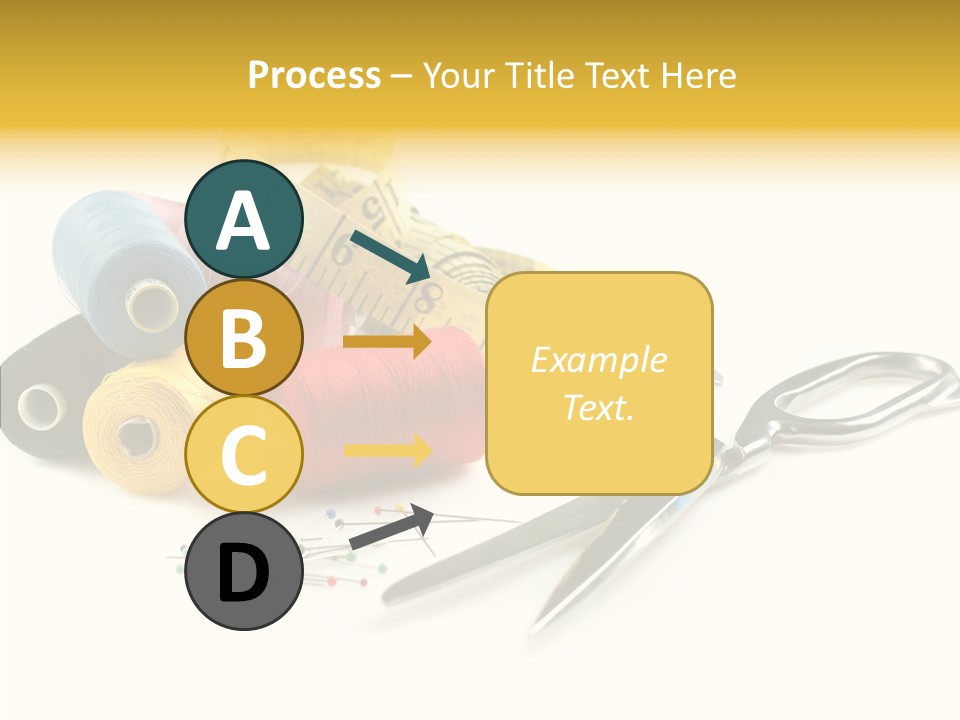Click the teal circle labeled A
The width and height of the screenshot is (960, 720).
pos(244,219)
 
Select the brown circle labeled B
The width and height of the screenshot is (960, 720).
pos(244,338)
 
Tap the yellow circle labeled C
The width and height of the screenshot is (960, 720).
pos(244,455)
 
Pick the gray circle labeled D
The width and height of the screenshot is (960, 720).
pos(244,572)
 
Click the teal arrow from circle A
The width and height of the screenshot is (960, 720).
pos(390,256)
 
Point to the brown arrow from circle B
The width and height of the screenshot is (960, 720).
pos(387,342)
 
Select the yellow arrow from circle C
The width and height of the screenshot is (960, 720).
pos(387,450)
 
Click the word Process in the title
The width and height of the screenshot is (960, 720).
pos(314,76)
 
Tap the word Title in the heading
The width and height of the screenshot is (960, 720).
pos(540,76)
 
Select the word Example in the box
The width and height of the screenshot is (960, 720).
pos(598,360)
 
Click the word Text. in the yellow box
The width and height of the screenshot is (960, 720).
pos(598,407)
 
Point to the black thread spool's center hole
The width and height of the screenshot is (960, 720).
pos(40,404)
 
